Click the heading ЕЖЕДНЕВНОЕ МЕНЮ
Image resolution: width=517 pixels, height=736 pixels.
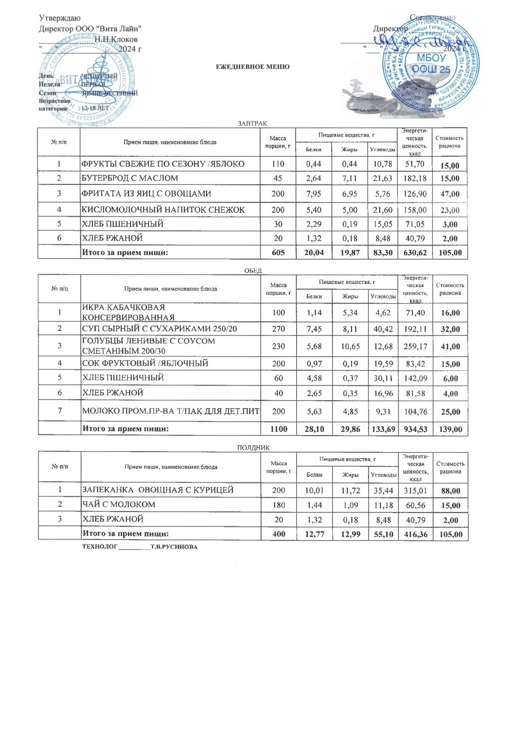[x=252, y=67]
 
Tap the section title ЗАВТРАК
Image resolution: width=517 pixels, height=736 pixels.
[x=252, y=123]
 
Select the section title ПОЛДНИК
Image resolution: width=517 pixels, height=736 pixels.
[x=253, y=448]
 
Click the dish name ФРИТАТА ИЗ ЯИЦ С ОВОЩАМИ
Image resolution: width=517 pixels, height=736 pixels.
[x=146, y=193]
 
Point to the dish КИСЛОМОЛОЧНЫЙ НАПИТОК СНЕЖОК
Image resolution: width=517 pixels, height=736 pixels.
[x=163, y=210]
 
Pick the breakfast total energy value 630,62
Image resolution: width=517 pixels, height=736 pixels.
[x=415, y=253]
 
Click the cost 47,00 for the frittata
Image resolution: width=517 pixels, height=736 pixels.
[x=450, y=194]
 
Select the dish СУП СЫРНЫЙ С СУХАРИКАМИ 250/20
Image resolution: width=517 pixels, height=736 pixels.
[x=160, y=329]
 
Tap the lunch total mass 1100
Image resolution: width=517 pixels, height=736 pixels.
[x=279, y=429]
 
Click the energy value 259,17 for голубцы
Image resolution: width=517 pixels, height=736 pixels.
[x=416, y=347]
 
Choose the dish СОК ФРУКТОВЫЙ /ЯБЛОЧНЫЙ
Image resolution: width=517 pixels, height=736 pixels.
[x=145, y=363]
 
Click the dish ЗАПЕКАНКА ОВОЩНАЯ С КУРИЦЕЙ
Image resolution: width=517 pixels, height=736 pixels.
[x=158, y=490]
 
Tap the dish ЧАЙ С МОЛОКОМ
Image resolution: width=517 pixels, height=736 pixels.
[x=119, y=505]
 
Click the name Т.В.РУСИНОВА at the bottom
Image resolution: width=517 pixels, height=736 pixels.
[x=174, y=547]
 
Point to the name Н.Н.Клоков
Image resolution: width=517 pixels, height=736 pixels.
[x=116, y=39]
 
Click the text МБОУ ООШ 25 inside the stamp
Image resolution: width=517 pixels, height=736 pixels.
[x=431, y=64]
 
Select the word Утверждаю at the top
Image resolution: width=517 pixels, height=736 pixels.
[x=60, y=18]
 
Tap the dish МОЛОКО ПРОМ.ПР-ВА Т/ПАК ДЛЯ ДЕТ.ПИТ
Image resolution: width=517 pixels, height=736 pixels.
[x=171, y=411]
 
